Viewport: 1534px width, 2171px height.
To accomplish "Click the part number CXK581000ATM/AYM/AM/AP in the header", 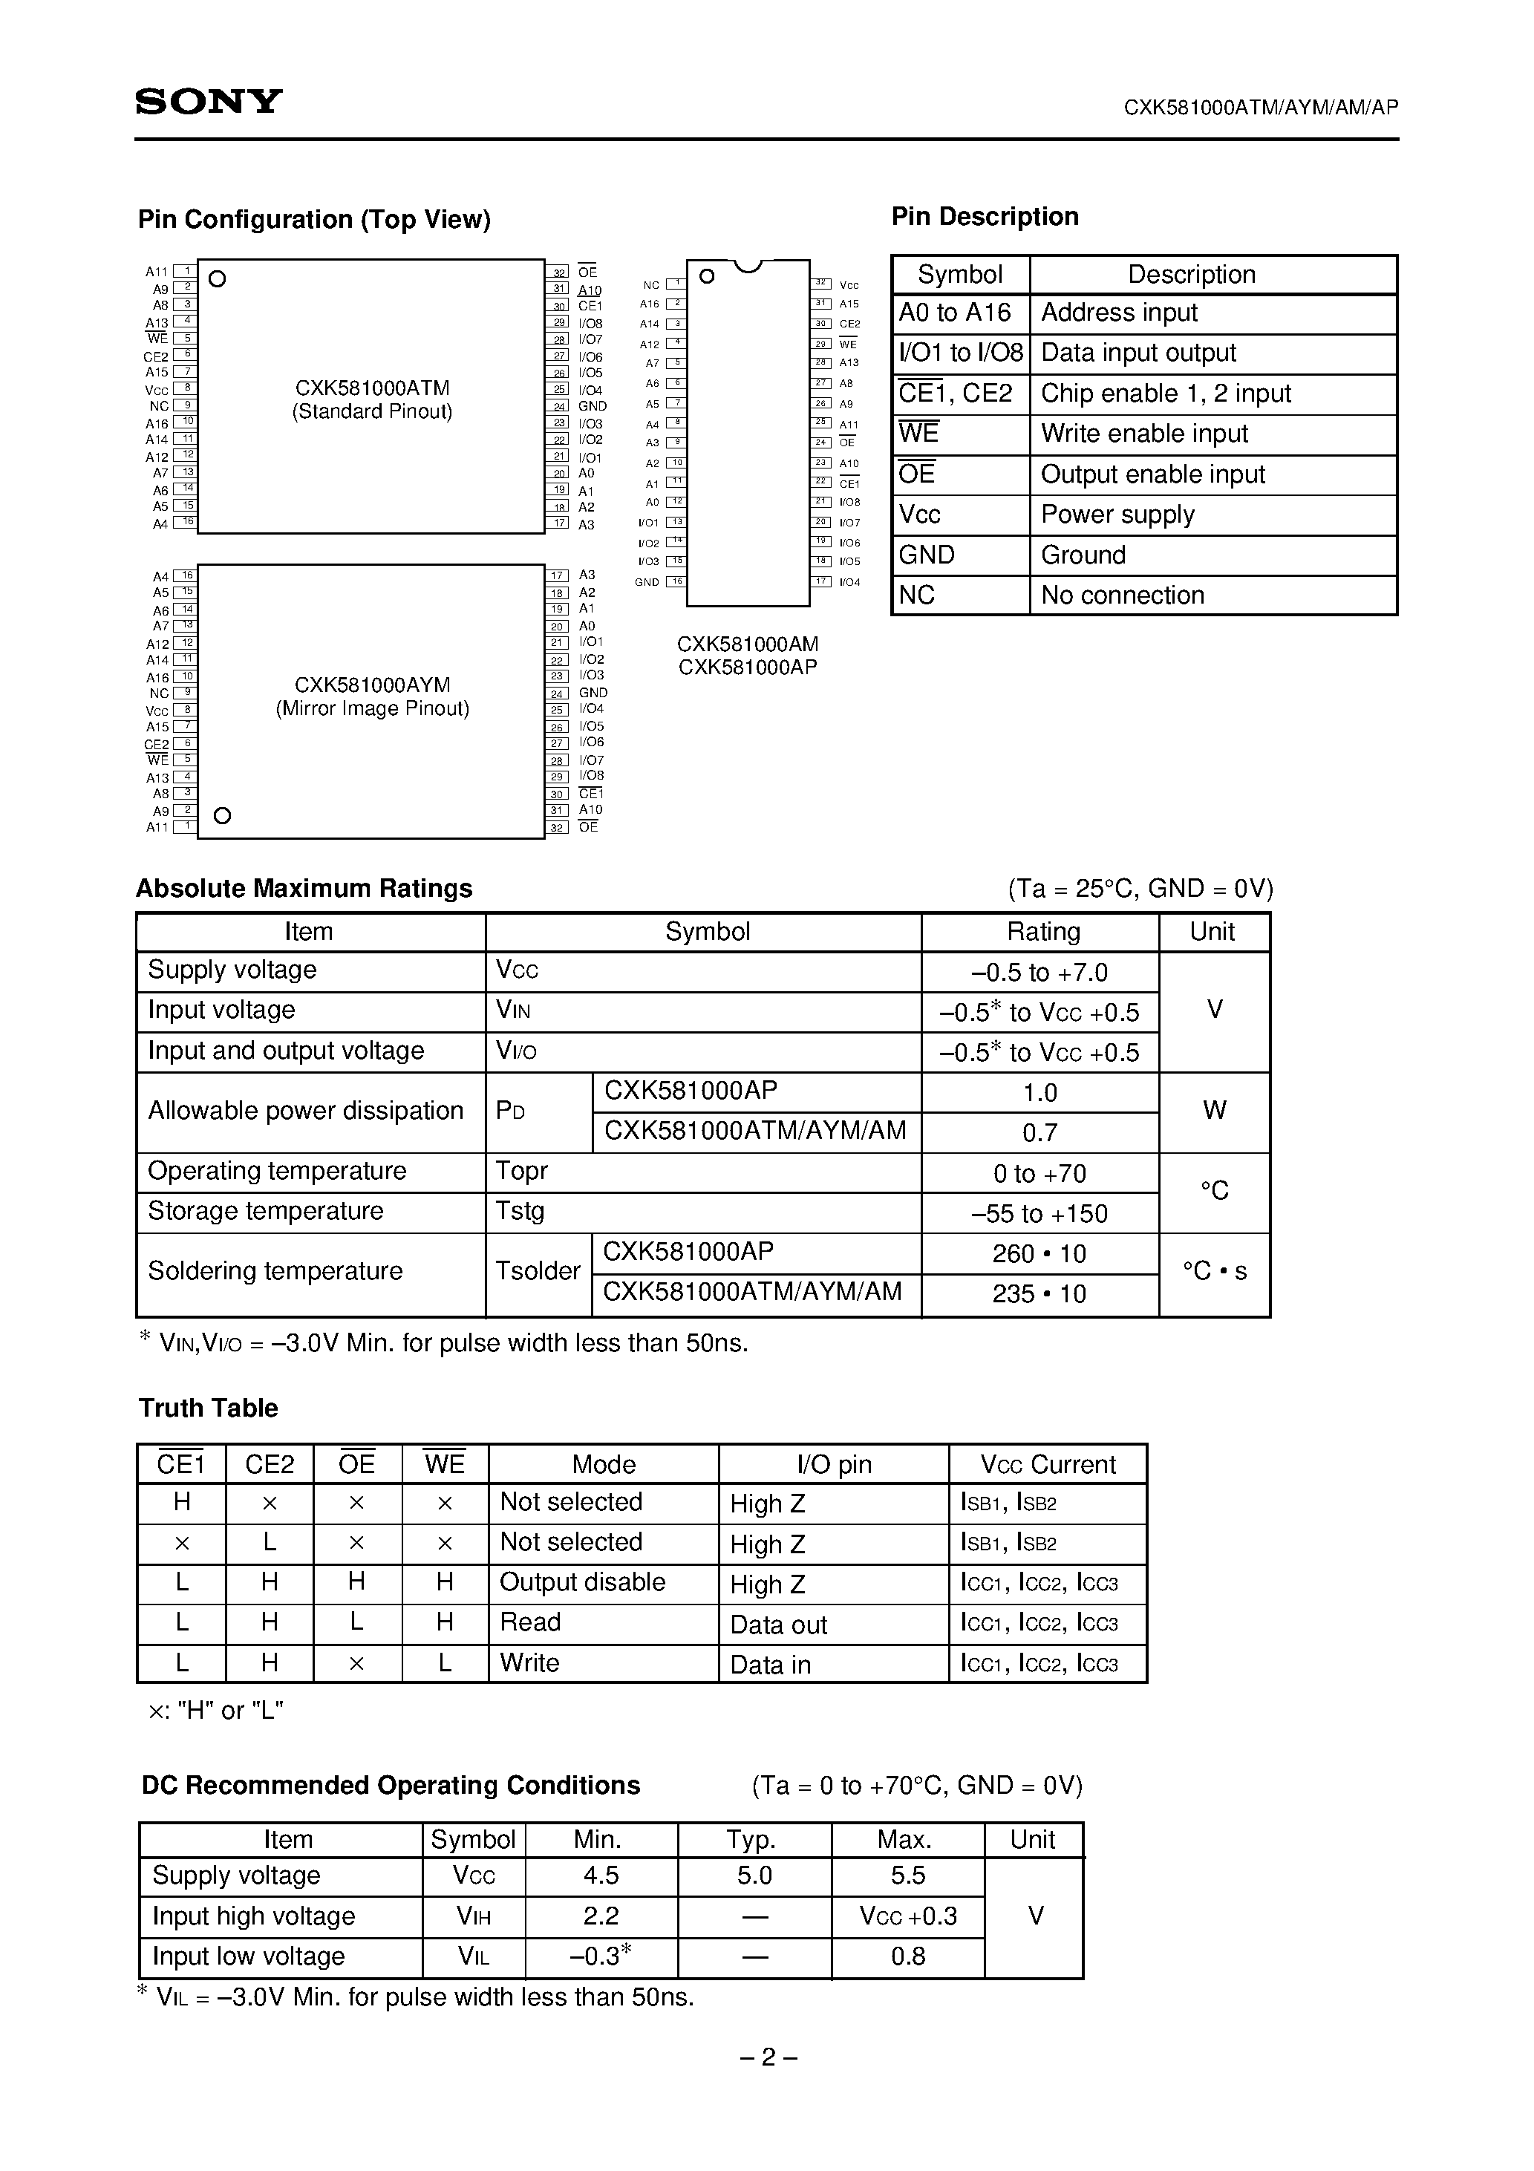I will [1260, 108].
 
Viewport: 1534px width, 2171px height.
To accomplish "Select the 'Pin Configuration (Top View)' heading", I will [314, 219].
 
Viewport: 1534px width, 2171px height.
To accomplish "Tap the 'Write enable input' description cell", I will [1143, 434].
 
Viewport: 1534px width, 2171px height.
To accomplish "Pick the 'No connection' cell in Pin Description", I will [1122, 595].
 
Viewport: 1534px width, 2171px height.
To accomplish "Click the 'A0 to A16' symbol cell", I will [954, 313].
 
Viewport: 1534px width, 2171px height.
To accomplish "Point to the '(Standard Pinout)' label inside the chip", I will [372, 412].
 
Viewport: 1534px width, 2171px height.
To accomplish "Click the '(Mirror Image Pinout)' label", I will [372, 709].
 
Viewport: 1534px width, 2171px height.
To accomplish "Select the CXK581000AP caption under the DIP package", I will [747, 667].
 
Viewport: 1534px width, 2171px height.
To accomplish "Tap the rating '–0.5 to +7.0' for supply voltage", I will [1039, 973].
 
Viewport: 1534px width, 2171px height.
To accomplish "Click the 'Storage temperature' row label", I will [266, 1211].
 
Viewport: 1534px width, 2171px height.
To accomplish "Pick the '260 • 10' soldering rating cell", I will [1039, 1255].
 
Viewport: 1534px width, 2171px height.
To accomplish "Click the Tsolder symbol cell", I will [537, 1272].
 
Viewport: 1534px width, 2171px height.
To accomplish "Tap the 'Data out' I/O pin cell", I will [778, 1625].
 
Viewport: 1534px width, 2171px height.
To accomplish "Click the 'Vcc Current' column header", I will [1048, 1465].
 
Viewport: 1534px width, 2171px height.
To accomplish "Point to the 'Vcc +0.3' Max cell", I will [907, 1916].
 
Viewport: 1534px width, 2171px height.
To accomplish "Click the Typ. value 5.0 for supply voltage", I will [754, 1876].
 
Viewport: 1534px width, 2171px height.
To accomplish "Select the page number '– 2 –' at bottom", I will [767, 2057].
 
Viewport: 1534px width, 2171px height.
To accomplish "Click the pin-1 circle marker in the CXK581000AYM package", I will [222, 816].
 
